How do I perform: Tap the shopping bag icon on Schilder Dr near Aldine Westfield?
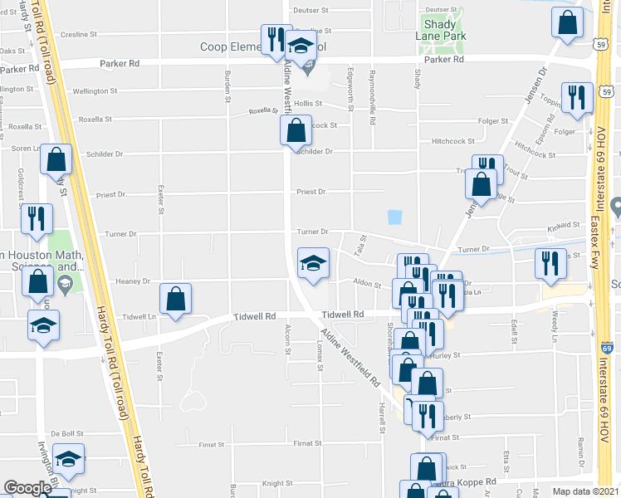click(296, 131)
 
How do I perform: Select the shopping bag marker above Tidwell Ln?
click(175, 300)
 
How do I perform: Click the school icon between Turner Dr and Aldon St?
click(313, 264)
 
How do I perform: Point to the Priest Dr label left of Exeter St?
click(110, 195)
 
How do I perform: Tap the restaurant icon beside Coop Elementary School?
click(275, 38)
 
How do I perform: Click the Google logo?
click(27, 488)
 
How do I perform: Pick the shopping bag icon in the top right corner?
click(568, 25)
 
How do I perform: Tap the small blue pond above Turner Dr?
click(394, 217)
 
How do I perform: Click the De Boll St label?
click(67, 433)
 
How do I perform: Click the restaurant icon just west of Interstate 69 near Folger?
click(573, 97)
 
